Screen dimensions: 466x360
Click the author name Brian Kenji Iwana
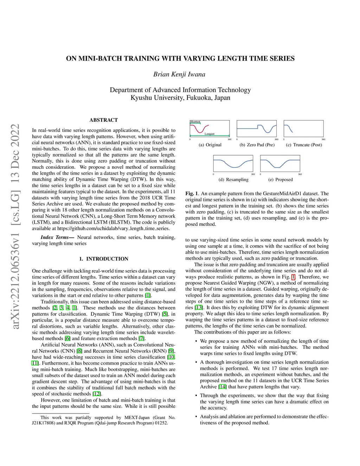point(179,74)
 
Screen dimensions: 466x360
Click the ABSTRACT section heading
point(104,120)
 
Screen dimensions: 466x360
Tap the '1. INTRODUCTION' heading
point(104,259)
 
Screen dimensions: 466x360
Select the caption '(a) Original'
point(210,145)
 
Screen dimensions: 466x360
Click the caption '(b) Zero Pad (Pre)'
point(257,145)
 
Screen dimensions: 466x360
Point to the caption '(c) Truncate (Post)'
point(304,145)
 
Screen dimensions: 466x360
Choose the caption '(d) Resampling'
point(233,180)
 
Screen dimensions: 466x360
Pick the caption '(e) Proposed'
point(280,180)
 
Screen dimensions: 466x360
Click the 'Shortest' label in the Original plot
point(195,122)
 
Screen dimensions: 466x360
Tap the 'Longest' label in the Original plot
point(210,134)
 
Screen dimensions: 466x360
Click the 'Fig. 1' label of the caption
point(192,193)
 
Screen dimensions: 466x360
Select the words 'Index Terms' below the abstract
point(54,237)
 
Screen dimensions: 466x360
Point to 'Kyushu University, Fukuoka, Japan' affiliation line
point(180,98)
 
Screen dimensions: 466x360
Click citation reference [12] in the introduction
point(97,394)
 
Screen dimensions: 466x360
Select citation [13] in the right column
point(199,307)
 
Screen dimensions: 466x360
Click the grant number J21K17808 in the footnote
point(44,423)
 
